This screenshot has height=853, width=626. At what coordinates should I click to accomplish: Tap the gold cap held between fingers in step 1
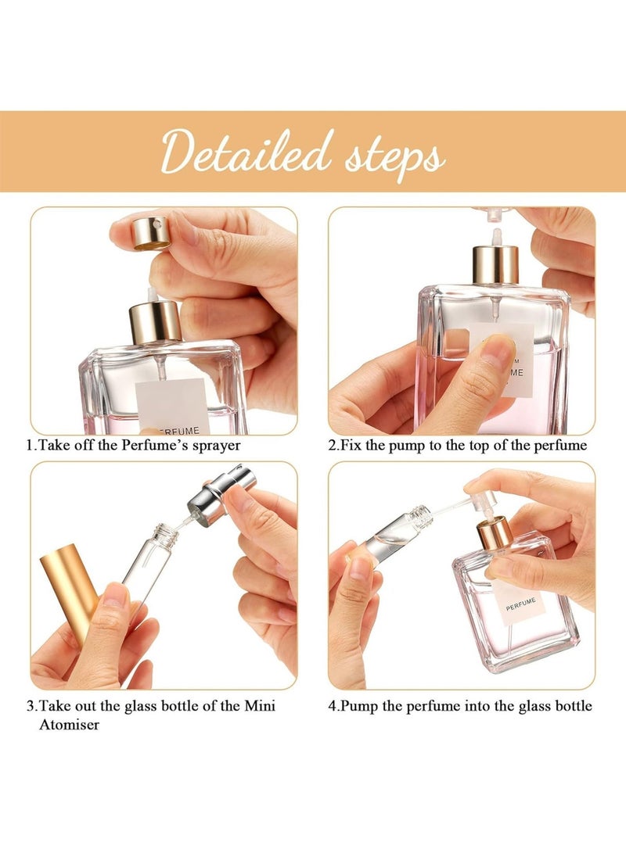pyautogui.click(x=150, y=233)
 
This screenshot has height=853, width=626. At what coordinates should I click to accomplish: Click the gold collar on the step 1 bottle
pyautogui.click(x=155, y=321)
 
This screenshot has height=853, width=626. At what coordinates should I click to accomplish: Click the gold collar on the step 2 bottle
pyautogui.click(x=495, y=265)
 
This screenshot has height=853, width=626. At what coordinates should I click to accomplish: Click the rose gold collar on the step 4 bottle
pyautogui.click(x=495, y=532)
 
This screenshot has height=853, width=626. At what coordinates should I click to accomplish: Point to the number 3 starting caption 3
pyautogui.click(x=31, y=706)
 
